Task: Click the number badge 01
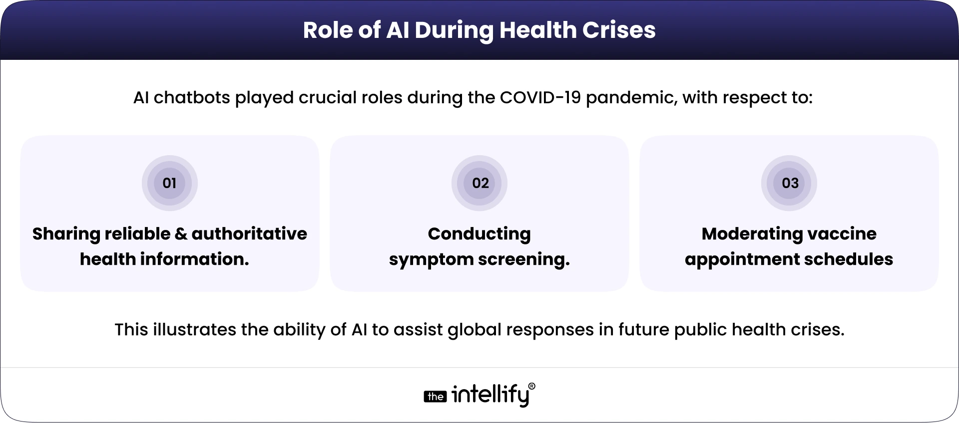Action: tap(170, 183)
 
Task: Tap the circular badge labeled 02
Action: tap(479, 183)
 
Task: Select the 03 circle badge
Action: tap(789, 183)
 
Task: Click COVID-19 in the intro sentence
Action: tap(540, 97)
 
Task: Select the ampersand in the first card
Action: tap(181, 234)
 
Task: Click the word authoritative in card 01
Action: tap(249, 234)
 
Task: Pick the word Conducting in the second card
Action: tap(479, 234)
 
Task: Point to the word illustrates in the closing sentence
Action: tap(194, 330)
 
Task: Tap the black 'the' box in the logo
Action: tap(435, 397)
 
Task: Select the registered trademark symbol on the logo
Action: tap(531, 386)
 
